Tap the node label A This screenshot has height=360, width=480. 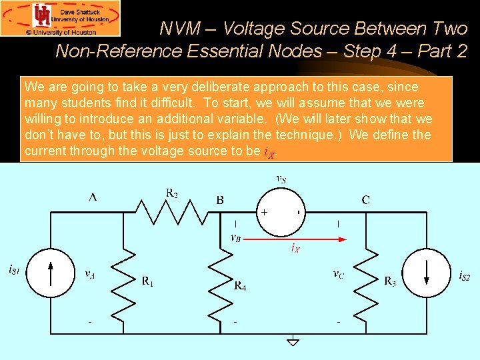click(93, 198)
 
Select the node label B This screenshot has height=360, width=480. click(219, 199)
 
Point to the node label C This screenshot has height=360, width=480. click(365, 199)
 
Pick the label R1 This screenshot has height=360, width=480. click(148, 281)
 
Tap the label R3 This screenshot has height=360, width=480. click(390, 281)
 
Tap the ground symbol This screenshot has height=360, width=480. click(292, 341)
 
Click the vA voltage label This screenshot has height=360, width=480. click(89, 273)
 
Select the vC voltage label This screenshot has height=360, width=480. click(339, 273)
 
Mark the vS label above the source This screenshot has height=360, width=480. click(282, 179)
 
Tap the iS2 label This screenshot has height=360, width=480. click(465, 275)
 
